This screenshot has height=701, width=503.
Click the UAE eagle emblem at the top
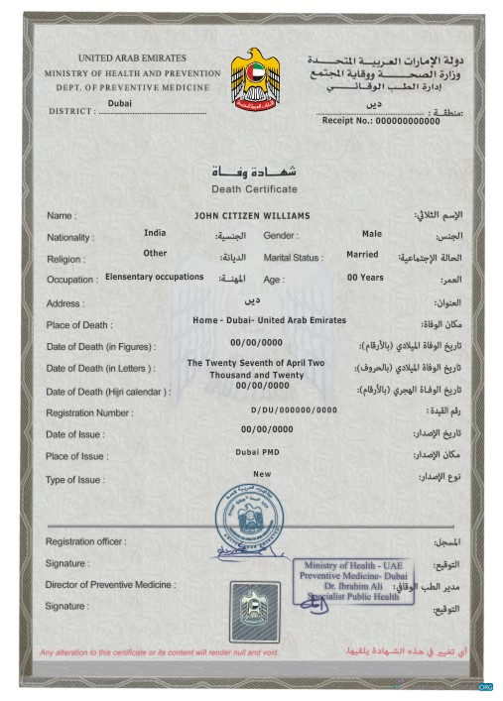tap(255, 80)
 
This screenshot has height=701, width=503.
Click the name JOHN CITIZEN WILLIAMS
tap(253, 215)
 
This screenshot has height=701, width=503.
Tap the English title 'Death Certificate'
tap(254, 188)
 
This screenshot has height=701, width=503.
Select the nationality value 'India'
tap(155, 234)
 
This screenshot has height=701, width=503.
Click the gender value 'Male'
tap(372, 234)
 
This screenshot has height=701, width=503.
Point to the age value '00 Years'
tap(365, 278)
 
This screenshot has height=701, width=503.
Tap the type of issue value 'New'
tap(262, 474)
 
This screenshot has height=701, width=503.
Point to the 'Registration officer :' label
tap(86, 541)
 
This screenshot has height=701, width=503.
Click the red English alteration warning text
tap(160, 652)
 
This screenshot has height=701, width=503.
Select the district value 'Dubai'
tap(119, 102)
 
